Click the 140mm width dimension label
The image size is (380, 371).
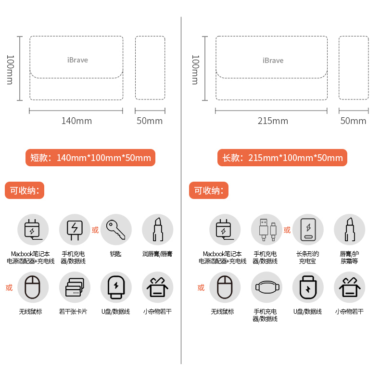76,121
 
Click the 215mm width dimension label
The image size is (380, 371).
273,121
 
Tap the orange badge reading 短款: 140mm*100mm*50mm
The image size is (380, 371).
90,158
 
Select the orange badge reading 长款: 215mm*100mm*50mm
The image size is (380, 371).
282,158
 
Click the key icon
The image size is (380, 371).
116,230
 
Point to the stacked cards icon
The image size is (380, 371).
75,287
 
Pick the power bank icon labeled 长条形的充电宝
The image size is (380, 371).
308,230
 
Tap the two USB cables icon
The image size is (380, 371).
267,230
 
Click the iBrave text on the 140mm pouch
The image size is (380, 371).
77,60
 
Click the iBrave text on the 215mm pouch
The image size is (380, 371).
273,61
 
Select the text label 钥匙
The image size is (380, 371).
115,254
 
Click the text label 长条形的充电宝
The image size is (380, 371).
308,257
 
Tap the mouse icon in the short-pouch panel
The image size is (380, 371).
33,287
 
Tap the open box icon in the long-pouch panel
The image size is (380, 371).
350,287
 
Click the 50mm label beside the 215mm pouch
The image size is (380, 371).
353,121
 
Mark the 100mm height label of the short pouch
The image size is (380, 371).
9,69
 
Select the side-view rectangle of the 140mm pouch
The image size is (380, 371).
150,68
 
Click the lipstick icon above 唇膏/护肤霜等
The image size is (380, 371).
350,230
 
